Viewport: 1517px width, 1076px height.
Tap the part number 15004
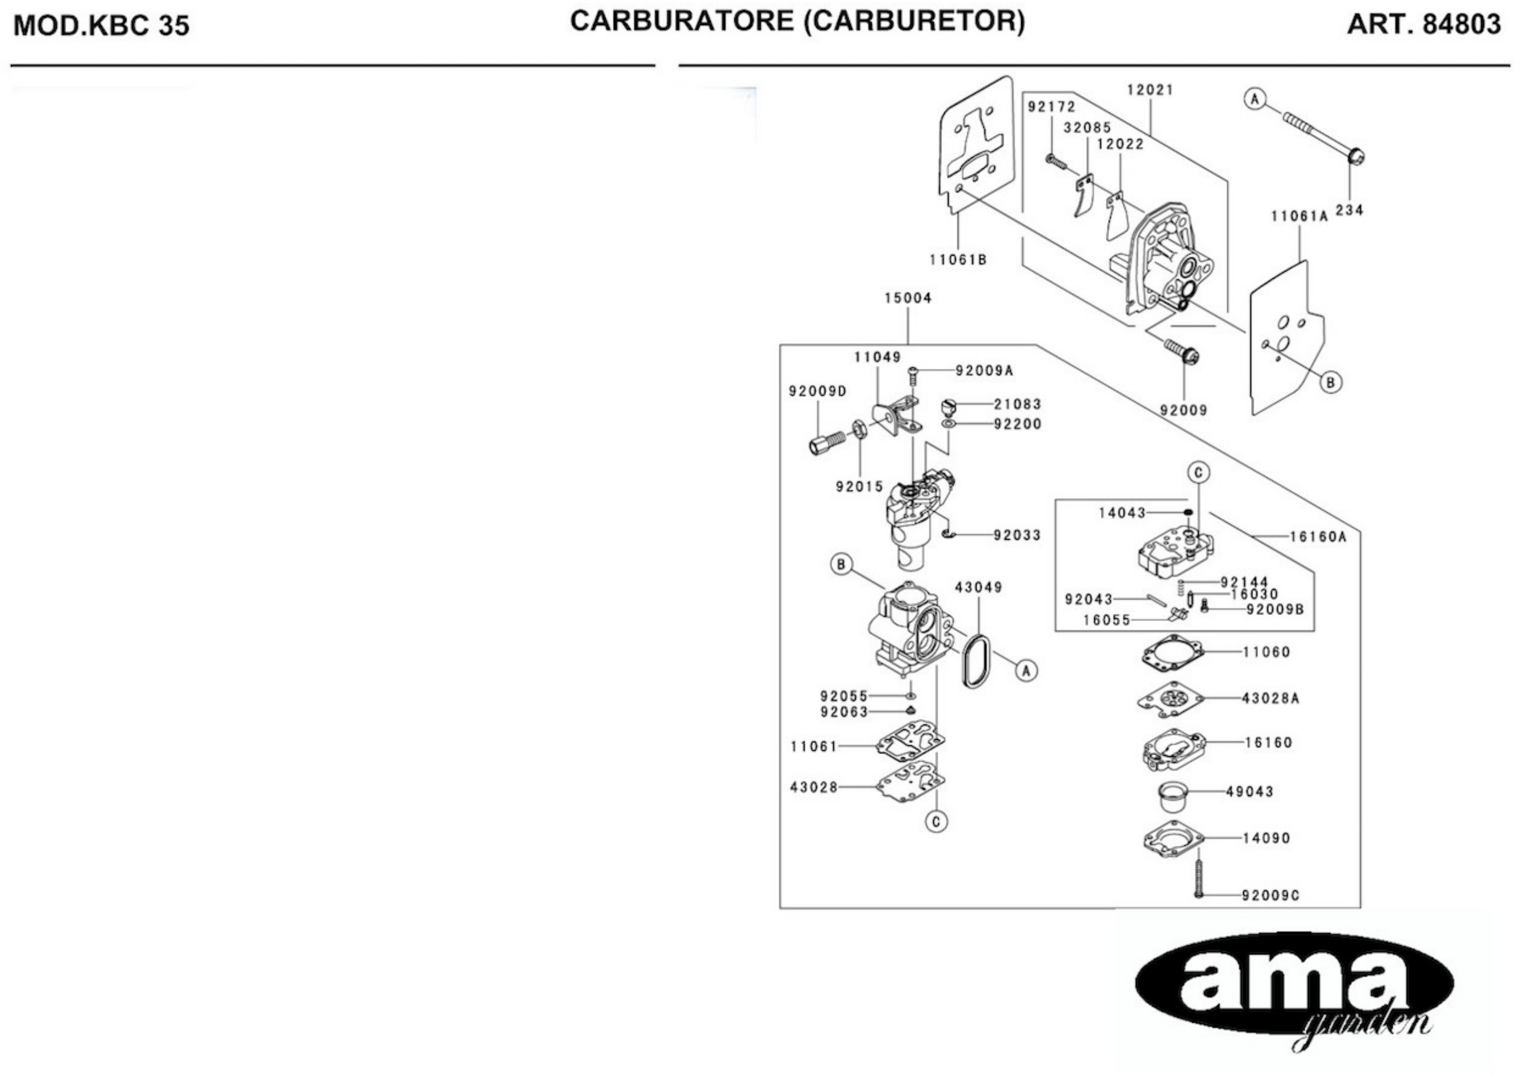pyautogui.click(x=907, y=298)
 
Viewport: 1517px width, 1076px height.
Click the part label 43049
pyautogui.click(x=978, y=587)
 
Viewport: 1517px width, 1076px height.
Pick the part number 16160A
pyautogui.click(x=1317, y=537)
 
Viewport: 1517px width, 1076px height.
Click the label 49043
pyautogui.click(x=1249, y=791)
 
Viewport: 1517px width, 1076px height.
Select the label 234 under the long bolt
pyautogui.click(x=1349, y=211)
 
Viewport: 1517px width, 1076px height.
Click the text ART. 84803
pyautogui.click(x=1423, y=25)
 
